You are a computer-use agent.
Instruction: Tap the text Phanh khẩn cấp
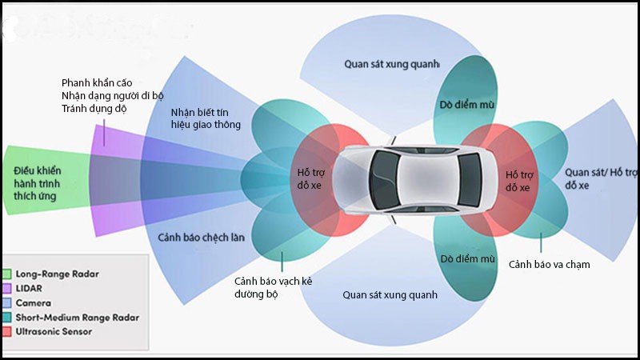[97, 82]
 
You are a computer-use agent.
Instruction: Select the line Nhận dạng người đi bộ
[113, 96]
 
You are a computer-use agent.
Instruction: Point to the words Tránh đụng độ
[94, 109]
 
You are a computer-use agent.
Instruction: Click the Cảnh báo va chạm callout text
[550, 264]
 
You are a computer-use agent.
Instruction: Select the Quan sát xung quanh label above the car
[392, 62]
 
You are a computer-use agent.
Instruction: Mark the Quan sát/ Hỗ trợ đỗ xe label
[601, 178]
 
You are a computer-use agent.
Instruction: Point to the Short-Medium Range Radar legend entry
[77, 317]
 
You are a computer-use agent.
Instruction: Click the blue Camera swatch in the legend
[7, 303]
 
